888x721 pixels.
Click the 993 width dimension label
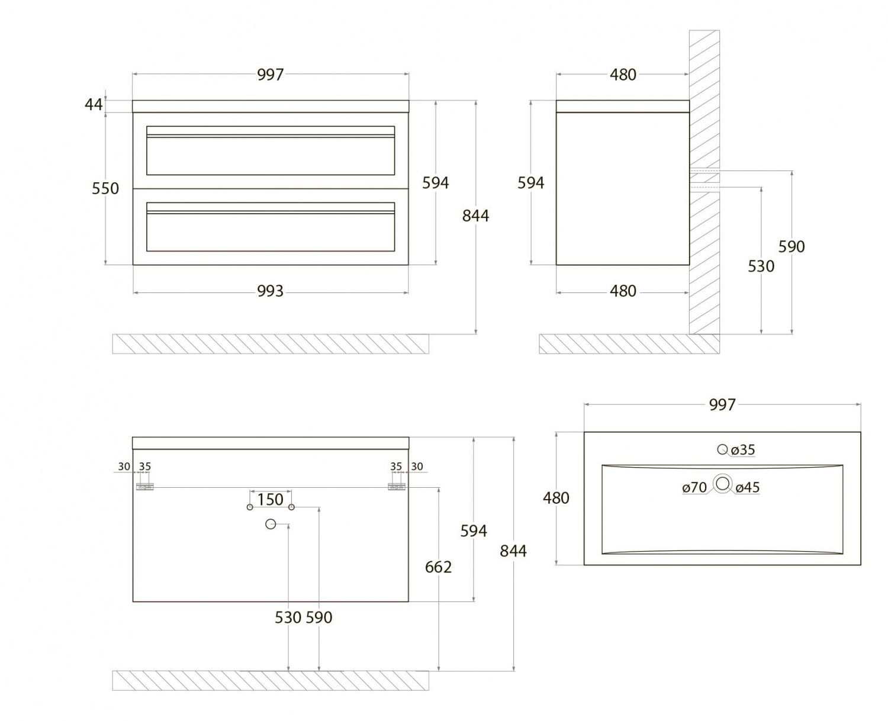point(270,291)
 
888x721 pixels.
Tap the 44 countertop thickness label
point(94,105)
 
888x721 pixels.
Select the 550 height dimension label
point(105,189)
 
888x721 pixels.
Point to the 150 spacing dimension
point(270,500)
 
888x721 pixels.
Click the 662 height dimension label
point(438,567)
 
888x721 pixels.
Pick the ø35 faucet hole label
point(743,450)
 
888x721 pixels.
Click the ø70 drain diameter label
point(694,488)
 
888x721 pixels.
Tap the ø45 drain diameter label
point(748,488)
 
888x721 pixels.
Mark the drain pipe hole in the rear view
point(271,524)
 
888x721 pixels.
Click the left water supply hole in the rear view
point(250,507)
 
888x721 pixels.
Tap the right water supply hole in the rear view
point(292,507)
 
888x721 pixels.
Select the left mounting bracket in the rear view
point(145,487)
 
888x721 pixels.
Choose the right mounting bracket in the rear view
point(395,487)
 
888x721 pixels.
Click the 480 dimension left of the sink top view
point(556,498)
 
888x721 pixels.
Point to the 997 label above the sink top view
point(722,405)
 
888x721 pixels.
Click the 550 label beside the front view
point(105,189)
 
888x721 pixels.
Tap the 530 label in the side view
point(761,266)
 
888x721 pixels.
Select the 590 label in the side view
point(792,247)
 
